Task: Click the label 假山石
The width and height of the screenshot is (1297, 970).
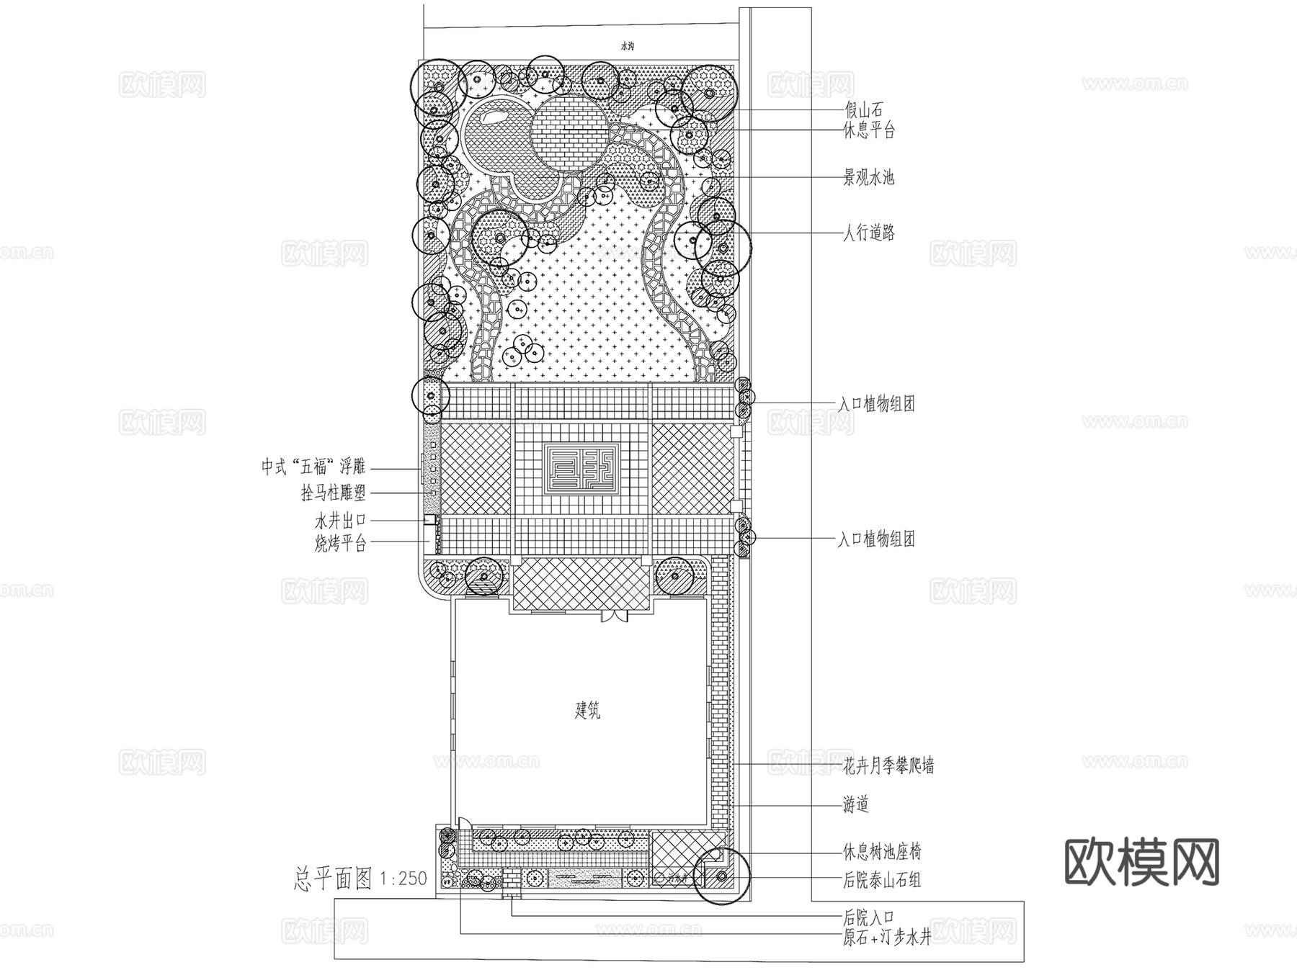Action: coord(863,110)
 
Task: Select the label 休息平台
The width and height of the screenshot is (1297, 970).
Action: coord(869,130)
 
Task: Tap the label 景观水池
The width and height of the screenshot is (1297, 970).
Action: coord(869,177)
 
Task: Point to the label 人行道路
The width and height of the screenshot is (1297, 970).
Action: coord(869,233)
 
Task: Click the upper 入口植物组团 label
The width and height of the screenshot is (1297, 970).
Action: coord(876,404)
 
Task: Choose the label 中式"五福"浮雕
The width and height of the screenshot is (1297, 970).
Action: coord(313,467)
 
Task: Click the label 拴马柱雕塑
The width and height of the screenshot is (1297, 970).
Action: coord(334,493)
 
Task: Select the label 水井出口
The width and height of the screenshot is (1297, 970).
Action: coord(340,520)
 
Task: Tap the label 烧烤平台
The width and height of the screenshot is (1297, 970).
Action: coord(340,544)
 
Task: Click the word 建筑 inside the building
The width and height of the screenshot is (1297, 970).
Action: coord(587,711)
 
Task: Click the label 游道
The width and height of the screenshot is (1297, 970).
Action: coord(855,804)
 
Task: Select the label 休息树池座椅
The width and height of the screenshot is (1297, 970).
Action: coord(882,853)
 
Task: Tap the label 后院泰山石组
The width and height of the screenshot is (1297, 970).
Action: coord(882,879)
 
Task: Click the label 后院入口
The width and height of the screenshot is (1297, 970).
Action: coord(869,917)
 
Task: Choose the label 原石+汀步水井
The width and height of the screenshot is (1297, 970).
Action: coord(887,938)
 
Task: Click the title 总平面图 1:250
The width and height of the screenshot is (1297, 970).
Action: coord(360,879)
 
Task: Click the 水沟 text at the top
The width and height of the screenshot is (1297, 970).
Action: coord(627,46)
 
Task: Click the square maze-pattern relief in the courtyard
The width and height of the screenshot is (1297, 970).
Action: coord(581,468)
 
